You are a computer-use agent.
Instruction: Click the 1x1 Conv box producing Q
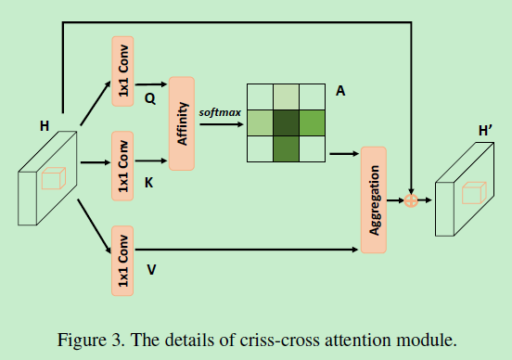[122, 69]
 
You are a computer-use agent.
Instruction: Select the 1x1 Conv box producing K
[122, 165]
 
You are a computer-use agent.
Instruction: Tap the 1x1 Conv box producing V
[122, 259]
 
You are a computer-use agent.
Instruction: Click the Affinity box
[182, 122]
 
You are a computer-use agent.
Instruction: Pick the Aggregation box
[374, 199]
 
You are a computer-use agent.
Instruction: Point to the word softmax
[219, 111]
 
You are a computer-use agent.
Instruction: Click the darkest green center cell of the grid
[286, 122]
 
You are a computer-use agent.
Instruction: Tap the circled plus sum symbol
[411, 199]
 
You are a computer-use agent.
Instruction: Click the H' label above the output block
[484, 132]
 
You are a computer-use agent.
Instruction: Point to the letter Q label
[150, 96]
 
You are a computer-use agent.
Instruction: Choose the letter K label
[149, 186]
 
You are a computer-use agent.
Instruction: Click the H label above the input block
[45, 123]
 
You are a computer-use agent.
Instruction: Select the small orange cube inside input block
[52, 177]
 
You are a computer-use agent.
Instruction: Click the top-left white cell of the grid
[260, 96]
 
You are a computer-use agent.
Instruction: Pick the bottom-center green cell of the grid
[286, 148]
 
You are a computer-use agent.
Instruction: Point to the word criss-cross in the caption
[275, 338]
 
